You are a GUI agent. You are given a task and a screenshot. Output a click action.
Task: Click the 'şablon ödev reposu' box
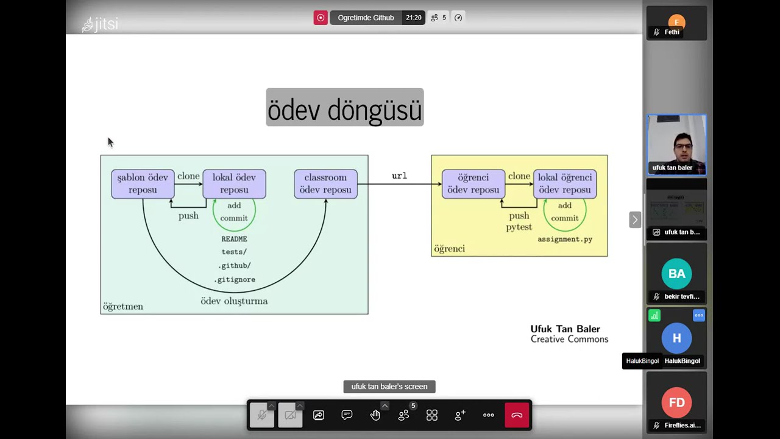point(143,184)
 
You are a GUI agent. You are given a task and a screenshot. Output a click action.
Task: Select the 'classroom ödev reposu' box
point(325,184)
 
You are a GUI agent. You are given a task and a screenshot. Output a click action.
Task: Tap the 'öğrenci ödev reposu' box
point(473,184)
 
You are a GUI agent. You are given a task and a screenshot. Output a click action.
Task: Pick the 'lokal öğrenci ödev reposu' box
point(565,184)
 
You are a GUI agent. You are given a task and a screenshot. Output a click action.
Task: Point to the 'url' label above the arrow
point(399,176)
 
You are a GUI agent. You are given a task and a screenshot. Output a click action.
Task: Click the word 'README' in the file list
point(234,239)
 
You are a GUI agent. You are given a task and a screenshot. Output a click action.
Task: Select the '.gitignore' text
point(235,279)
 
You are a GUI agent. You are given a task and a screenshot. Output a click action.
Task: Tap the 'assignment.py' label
point(565,239)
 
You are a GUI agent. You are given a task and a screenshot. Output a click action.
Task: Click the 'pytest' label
point(519,227)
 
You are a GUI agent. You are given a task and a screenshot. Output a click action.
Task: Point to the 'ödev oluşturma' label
point(234,301)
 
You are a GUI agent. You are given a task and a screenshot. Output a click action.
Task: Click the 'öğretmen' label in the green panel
point(123,306)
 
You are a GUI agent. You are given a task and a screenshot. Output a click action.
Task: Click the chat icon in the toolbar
point(347,415)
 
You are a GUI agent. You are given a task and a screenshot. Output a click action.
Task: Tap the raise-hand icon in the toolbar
point(375,415)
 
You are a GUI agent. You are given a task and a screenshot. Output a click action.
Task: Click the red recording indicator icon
point(321,18)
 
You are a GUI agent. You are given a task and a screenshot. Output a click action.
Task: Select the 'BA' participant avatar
point(676,274)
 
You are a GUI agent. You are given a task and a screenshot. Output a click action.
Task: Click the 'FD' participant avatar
point(676,402)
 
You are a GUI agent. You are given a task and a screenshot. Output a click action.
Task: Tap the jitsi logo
point(100,24)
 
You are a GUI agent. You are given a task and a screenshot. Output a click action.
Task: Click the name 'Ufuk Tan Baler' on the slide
point(565,329)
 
